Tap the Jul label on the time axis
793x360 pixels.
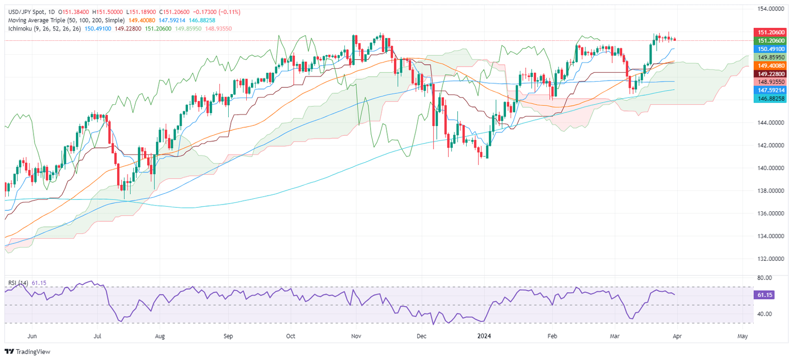[98, 336]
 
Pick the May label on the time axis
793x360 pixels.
[742, 336]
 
